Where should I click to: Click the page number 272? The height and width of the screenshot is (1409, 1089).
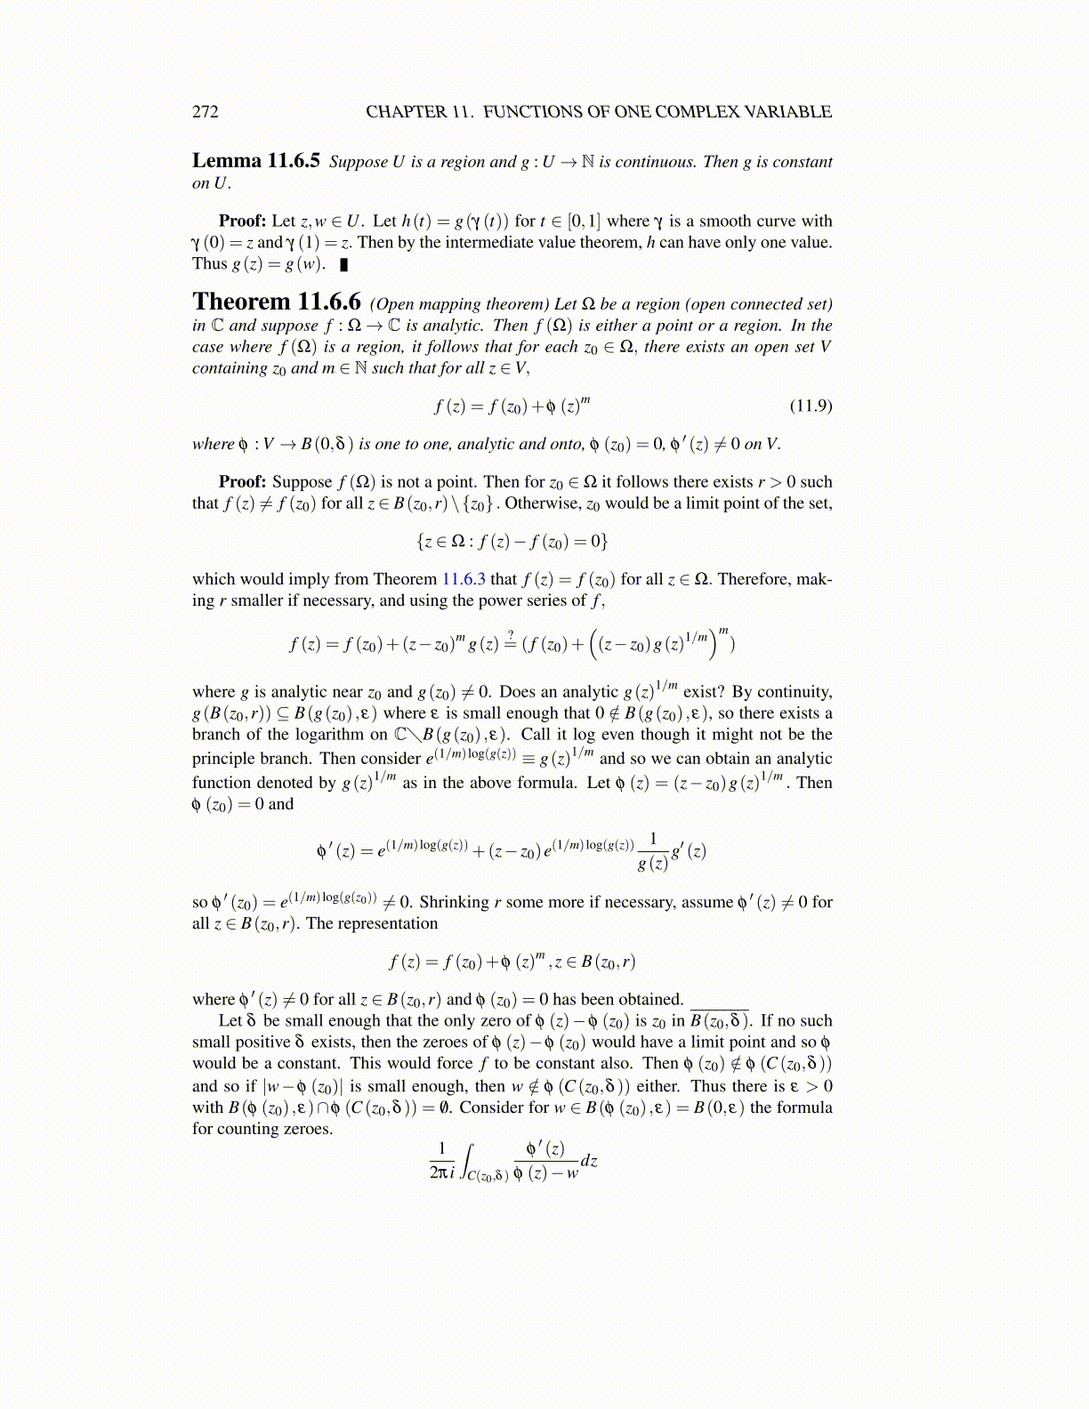[x=206, y=111]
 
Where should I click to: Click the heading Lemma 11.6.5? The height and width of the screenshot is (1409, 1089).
[x=255, y=161]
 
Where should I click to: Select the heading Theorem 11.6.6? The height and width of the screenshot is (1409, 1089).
[x=276, y=302]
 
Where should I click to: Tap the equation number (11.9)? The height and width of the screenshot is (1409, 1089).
[x=811, y=406]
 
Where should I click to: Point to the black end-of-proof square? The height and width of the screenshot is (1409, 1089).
[x=344, y=264]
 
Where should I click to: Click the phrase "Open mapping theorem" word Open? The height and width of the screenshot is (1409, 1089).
[x=393, y=304]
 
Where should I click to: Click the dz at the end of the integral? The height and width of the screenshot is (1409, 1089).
[x=589, y=1161]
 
